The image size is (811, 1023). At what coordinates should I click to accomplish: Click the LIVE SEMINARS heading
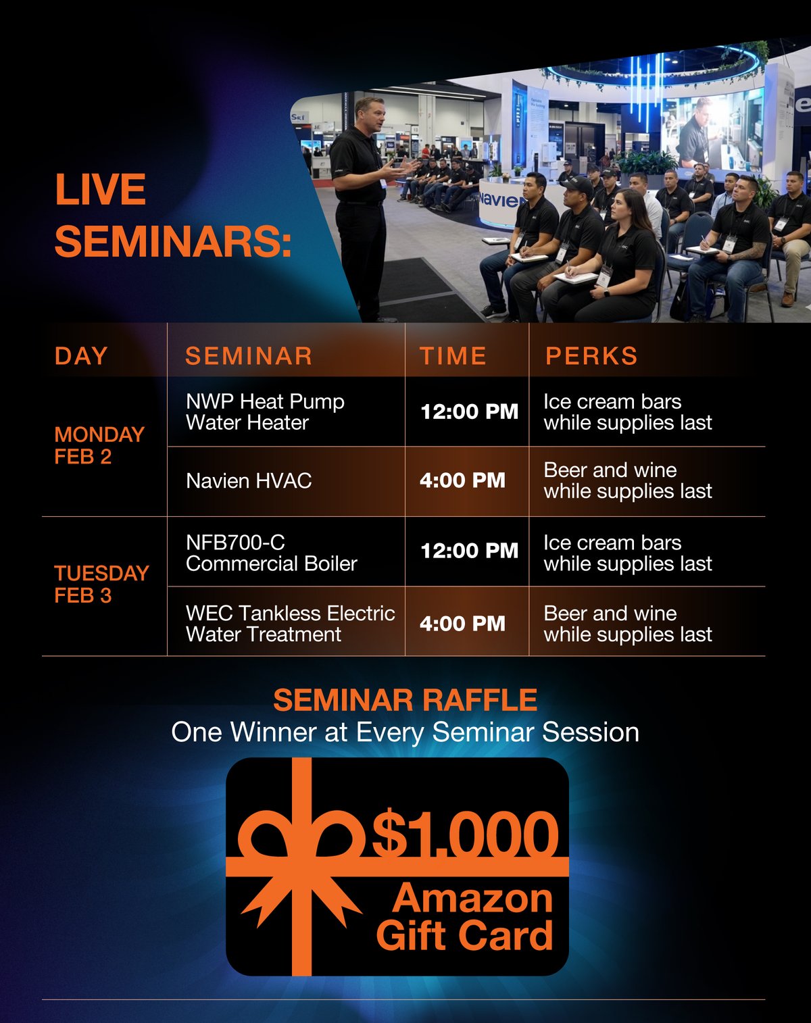172,216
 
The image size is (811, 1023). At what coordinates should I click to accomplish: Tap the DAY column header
81,356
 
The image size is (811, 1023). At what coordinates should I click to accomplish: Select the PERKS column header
591,356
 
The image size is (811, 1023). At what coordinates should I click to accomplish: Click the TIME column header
453,356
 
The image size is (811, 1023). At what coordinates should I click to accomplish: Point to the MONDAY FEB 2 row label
99,445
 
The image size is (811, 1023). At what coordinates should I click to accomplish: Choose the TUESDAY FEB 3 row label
101,584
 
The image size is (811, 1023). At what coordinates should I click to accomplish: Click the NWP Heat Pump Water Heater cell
265,412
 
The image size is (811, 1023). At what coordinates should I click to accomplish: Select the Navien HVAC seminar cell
249,481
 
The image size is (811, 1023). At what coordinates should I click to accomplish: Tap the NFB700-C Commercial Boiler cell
271,553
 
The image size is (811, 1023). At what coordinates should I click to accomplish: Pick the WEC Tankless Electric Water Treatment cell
290,624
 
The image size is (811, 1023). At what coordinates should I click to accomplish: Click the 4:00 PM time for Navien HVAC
462,481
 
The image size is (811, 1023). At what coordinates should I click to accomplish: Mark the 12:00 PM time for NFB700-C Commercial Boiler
469,551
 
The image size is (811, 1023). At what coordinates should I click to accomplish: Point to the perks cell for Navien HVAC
627,480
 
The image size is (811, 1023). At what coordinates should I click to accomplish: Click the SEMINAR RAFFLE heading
405,700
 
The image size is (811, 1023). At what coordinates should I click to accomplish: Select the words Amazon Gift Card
465,918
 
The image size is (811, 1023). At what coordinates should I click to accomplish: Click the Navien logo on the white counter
501,201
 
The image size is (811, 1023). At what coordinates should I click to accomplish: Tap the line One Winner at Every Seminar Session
405,732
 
